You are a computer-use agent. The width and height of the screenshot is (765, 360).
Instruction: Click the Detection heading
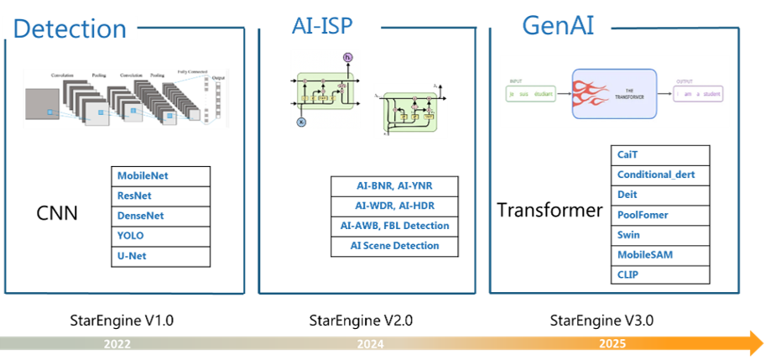tap(70, 29)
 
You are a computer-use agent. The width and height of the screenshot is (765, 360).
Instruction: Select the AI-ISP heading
tap(322, 26)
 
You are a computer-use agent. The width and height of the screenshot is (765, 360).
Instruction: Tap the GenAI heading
tap(558, 25)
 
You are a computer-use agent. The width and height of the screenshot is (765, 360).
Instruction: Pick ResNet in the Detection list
tap(133, 196)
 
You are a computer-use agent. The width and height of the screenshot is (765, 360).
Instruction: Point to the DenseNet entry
tap(140, 216)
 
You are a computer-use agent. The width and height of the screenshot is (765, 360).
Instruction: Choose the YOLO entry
tap(130, 236)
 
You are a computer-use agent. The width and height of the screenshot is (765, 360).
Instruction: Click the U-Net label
tap(132, 256)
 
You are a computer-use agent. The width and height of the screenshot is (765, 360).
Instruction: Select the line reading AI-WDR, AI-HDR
tap(395, 206)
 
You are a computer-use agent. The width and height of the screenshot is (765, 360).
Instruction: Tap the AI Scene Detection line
tap(394, 246)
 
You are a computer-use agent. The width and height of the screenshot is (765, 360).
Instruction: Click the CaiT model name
tap(628, 154)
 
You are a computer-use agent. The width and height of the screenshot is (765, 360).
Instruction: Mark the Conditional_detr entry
tap(656, 175)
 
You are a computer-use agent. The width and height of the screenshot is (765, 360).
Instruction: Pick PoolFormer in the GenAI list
tap(643, 215)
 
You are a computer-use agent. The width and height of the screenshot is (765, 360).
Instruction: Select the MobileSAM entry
tap(644, 254)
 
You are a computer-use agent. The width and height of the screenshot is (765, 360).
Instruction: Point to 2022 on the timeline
tap(117, 344)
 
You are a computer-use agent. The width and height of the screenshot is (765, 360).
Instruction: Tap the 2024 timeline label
tap(370, 344)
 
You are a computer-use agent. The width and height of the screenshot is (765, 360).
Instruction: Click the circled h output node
tap(347, 57)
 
